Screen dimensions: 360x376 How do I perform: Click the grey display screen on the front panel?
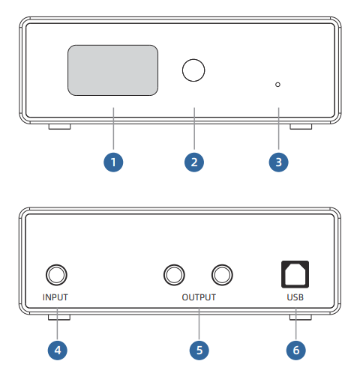[x=112, y=70]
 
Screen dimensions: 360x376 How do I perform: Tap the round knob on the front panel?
[x=193, y=70]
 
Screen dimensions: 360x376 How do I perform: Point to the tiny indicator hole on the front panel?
[x=277, y=85]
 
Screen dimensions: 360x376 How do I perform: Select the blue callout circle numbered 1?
[x=113, y=163]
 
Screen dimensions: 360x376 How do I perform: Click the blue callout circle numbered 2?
[x=194, y=163]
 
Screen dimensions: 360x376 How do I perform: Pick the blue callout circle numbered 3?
[x=278, y=163]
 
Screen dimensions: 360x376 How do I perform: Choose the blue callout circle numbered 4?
[x=58, y=350]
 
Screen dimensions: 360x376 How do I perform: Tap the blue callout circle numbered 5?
[x=199, y=350]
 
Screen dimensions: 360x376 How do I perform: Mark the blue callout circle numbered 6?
[x=296, y=350]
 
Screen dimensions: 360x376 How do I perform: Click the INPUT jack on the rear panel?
[x=56, y=275]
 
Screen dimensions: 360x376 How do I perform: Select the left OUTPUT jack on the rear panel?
[x=174, y=275]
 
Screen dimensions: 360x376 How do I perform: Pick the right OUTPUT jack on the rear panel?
[x=222, y=275]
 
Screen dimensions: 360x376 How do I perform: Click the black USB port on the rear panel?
[x=295, y=274]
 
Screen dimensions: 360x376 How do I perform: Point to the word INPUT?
[x=55, y=297]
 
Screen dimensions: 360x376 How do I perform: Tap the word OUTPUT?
[x=199, y=297]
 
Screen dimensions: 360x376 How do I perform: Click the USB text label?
[x=295, y=297]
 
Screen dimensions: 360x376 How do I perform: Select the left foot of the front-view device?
[x=59, y=127]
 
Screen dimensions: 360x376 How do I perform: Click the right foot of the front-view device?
[x=301, y=127]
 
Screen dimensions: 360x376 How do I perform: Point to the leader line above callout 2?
[x=194, y=129]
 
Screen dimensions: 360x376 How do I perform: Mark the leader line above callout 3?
[x=278, y=129]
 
